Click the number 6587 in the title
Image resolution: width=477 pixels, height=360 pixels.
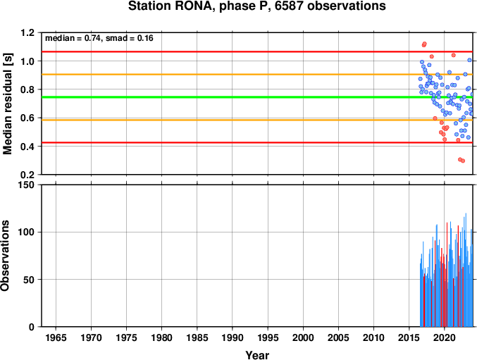point(290,6)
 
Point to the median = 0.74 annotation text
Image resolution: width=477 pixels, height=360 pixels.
point(73,38)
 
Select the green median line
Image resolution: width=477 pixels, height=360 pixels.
point(256,97)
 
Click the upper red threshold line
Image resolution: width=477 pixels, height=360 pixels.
point(256,51)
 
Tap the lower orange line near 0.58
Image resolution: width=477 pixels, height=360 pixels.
point(256,120)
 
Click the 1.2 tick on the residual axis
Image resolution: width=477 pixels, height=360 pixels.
point(27,32)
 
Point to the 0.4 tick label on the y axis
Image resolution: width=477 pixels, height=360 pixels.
point(27,147)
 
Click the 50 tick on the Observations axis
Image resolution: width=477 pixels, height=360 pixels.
point(29,280)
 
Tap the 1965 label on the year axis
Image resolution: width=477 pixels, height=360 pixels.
point(56,337)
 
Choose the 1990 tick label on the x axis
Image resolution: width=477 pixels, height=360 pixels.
point(233,337)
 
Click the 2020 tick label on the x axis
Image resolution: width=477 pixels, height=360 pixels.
point(445,337)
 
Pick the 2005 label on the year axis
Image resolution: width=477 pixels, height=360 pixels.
point(338,337)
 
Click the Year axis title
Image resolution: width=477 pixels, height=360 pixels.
point(257,355)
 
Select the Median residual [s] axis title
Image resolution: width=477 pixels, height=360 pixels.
point(7,104)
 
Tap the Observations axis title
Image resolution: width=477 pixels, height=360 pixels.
point(5,256)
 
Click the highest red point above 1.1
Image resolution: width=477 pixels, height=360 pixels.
point(424,44)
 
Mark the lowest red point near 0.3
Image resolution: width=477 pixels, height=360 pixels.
point(463,161)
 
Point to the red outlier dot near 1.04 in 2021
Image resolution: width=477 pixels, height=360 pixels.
point(453,55)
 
